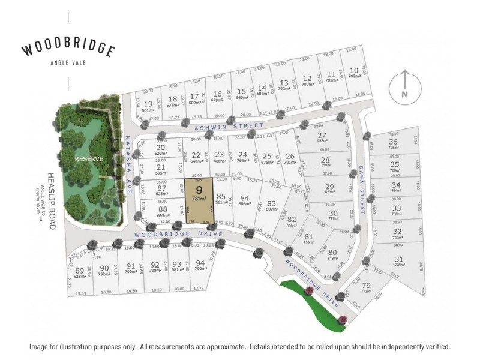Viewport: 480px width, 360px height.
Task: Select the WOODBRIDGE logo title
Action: point(68,49)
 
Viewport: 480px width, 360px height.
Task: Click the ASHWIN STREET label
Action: point(229,127)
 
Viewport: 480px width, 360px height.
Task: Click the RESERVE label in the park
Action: point(89,159)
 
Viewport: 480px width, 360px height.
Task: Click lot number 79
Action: point(366,285)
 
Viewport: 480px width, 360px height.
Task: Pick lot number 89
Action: point(80,270)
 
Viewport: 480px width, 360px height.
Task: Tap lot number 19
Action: point(148,103)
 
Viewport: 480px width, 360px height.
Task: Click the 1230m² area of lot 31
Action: point(399,266)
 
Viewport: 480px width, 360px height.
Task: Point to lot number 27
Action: point(322,135)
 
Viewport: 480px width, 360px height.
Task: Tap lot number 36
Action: point(394,141)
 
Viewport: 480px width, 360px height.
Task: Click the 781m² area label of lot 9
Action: point(199,198)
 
